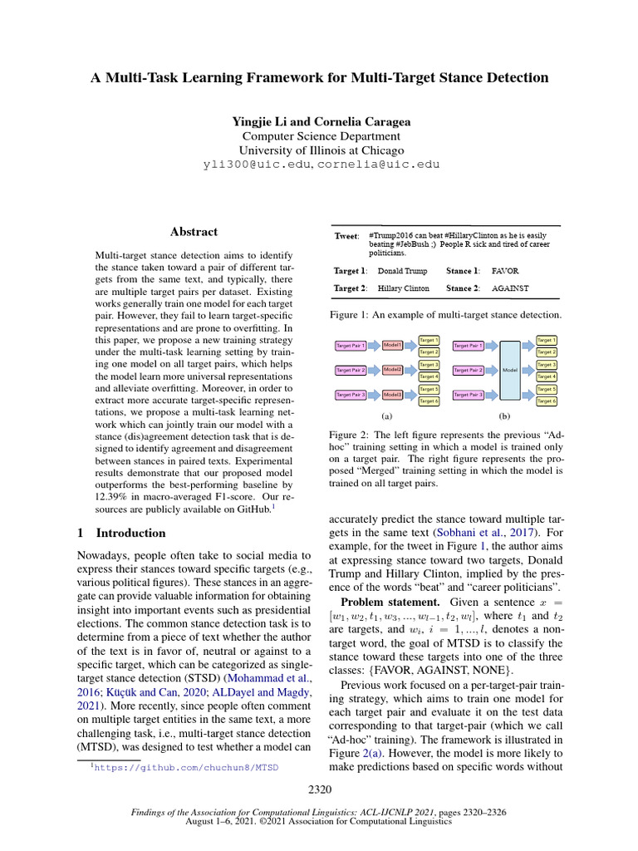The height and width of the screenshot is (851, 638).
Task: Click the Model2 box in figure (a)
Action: (x=392, y=369)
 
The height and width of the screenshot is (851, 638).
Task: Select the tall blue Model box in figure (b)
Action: (x=511, y=369)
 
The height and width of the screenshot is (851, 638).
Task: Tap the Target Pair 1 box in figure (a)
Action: (x=351, y=345)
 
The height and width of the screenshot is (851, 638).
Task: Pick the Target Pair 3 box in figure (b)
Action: (x=469, y=395)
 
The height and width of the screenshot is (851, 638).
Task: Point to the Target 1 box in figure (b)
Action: (x=547, y=340)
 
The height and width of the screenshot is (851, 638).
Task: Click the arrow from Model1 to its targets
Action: (x=410, y=345)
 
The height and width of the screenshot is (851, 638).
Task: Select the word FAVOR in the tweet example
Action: (x=505, y=271)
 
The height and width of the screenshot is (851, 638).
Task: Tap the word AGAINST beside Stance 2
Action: (x=510, y=288)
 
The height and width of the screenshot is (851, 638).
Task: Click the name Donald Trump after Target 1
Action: (x=403, y=271)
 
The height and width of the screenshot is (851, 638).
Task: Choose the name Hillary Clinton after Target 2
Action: (x=404, y=288)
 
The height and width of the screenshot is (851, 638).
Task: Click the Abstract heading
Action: (x=194, y=232)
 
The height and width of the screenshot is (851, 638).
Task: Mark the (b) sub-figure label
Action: (x=503, y=415)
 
